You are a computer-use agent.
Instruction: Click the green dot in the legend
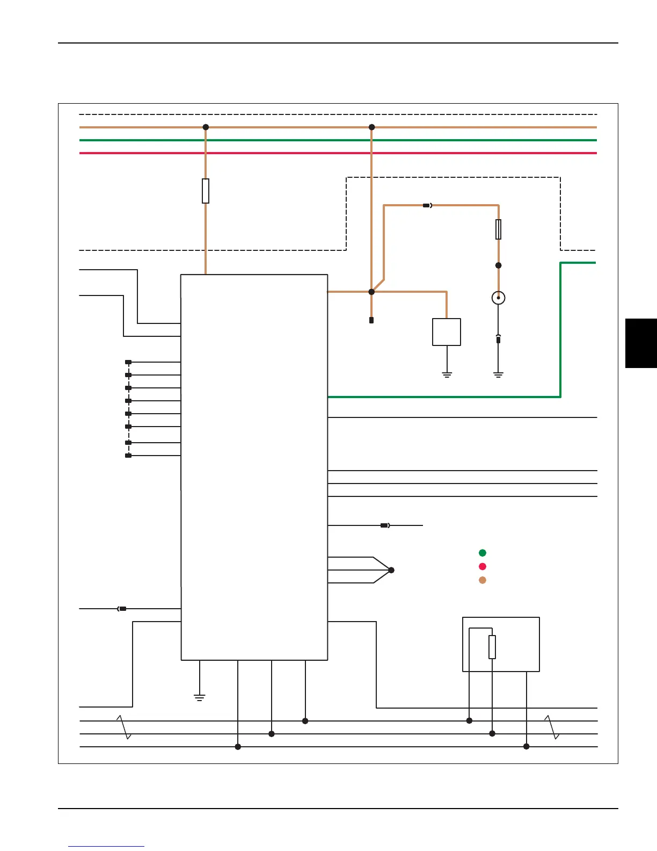tap(483, 553)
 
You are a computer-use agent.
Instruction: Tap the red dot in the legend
tap(483, 566)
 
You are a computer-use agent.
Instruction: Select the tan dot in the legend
tap(483, 580)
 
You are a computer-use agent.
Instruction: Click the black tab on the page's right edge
tap(641, 343)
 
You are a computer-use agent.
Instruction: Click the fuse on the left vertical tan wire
tap(206, 191)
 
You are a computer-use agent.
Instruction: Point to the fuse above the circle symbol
tap(499, 229)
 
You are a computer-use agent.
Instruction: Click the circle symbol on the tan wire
tap(499, 298)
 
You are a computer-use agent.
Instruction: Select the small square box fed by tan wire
tap(447, 332)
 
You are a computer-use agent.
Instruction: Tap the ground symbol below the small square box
tap(447, 374)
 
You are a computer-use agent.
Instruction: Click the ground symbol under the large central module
tap(200, 697)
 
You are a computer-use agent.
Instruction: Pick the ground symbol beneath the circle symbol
tap(499, 374)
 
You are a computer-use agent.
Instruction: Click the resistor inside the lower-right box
tap(492, 647)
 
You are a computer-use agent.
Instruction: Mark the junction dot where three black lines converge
tap(391, 570)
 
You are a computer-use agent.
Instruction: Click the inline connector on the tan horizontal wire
tap(427, 205)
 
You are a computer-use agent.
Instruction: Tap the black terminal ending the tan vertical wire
tap(371, 320)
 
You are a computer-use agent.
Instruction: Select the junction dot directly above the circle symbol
tap(499, 265)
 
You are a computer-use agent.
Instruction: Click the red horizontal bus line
tap(338, 153)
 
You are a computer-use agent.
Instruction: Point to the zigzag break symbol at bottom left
tap(124, 727)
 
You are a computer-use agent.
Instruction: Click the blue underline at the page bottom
tap(106, 847)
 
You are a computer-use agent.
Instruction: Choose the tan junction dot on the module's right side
tap(371, 292)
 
